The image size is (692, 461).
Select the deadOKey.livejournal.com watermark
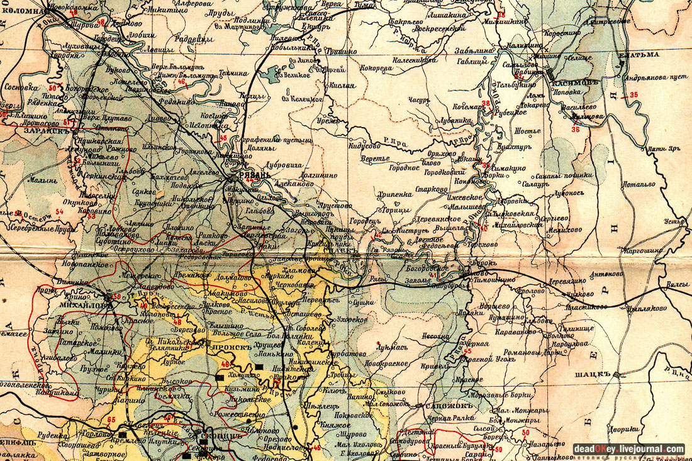(x=628, y=449)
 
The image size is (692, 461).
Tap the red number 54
(x=60, y=211)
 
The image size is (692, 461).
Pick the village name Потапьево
(x=639, y=185)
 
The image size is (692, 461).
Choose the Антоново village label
(x=605, y=274)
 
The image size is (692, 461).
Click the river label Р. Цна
(x=676, y=372)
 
